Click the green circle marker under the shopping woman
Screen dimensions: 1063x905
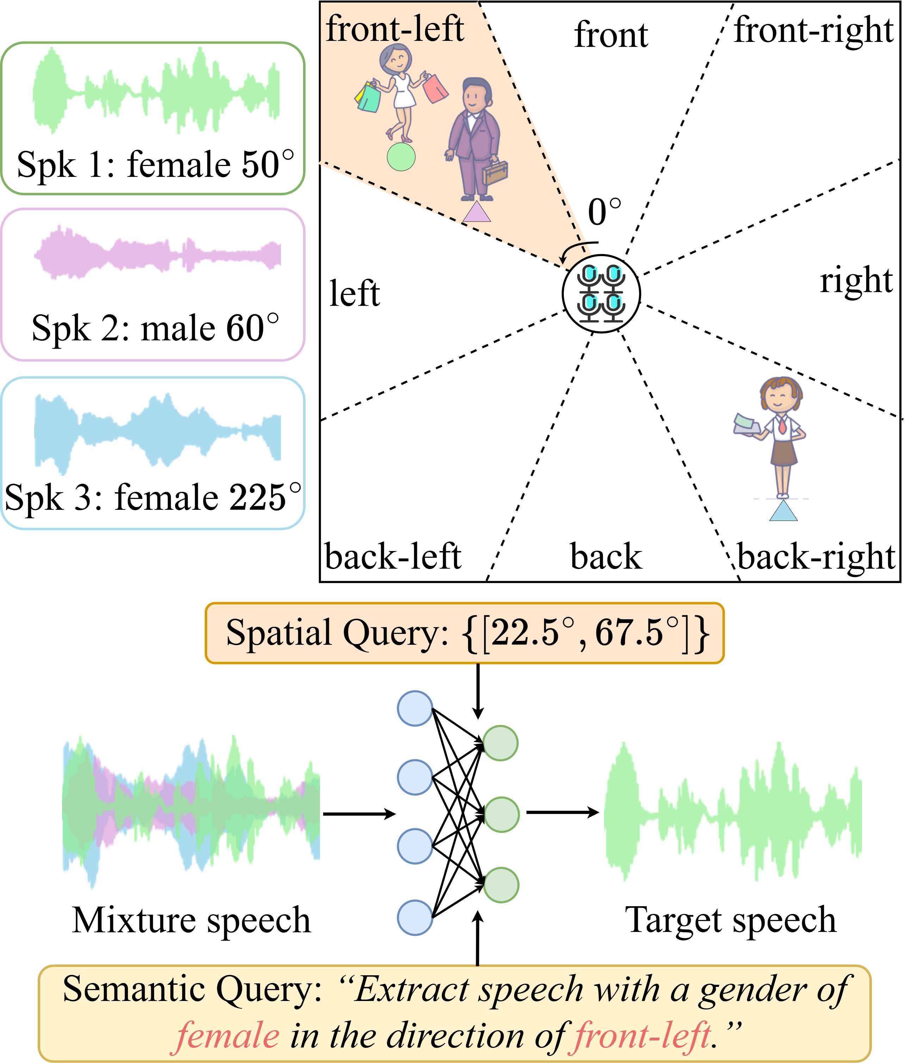(x=401, y=156)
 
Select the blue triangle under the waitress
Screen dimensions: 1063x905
(x=783, y=512)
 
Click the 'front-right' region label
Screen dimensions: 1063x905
(x=814, y=30)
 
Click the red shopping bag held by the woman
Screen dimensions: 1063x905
(x=435, y=88)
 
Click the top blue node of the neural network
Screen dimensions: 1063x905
(x=414, y=708)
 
